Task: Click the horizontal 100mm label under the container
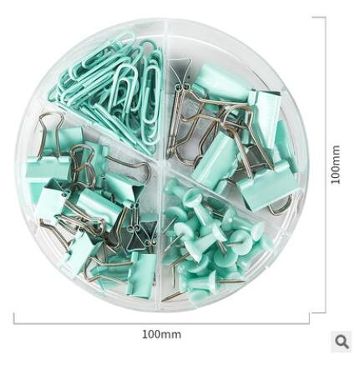(x=161, y=334)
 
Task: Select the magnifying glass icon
(x=342, y=342)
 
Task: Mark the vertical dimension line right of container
(x=325, y=165)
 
